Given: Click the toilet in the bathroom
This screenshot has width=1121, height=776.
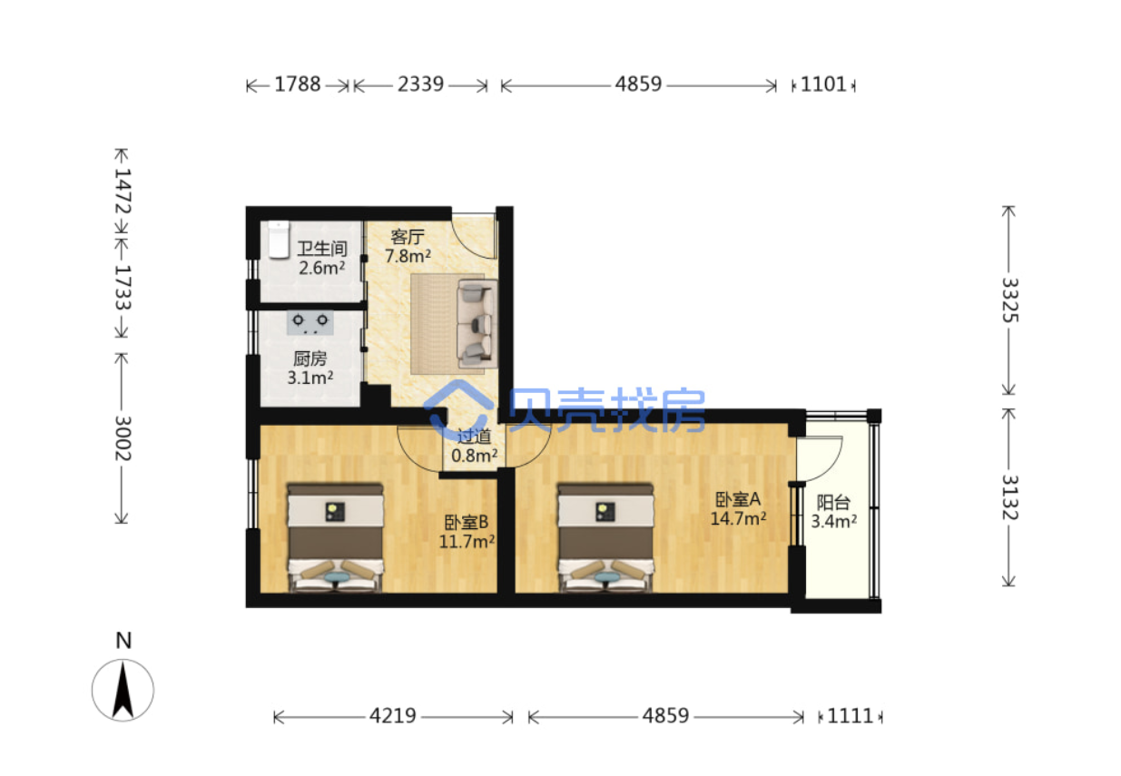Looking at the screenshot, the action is click(x=279, y=241).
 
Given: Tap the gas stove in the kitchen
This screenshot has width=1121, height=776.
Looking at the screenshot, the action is click(x=310, y=323).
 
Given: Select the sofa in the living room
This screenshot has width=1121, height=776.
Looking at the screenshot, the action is click(x=477, y=324).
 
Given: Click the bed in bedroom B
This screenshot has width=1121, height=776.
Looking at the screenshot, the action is click(x=335, y=538).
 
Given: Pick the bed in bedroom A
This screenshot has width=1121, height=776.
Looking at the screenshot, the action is click(x=605, y=538).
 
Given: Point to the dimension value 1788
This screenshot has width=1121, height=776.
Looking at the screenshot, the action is click(x=297, y=84).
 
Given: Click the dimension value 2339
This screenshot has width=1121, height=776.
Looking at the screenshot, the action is click(x=420, y=84).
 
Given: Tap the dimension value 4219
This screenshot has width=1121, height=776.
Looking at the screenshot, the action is click(x=393, y=716).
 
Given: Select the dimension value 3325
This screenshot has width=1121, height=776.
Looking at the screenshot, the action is click(x=1009, y=300).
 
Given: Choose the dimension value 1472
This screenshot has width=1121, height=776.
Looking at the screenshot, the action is click(x=123, y=192).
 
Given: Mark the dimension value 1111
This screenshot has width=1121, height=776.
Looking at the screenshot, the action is click(x=851, y=716).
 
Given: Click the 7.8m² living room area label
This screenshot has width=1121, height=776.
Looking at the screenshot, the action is click(x=408, y=256).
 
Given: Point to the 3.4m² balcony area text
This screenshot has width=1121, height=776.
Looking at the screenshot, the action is click(x=834, y=521).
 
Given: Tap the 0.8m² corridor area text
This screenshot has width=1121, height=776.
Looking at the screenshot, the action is click(x=475, y=456).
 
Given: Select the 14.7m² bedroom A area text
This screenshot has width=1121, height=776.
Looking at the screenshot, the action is click(x=738, y=518).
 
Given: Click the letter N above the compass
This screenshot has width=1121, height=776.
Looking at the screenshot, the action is click(x=123, y=641).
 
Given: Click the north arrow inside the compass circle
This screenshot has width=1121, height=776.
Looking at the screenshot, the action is click(x=123, y=689).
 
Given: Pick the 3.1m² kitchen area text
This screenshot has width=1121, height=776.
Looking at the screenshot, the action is click(x=310, y=378).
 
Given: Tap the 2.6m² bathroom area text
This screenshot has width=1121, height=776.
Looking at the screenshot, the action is click(x=322, y=268).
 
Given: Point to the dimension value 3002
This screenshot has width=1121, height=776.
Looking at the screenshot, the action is click(x=123, y=438).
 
